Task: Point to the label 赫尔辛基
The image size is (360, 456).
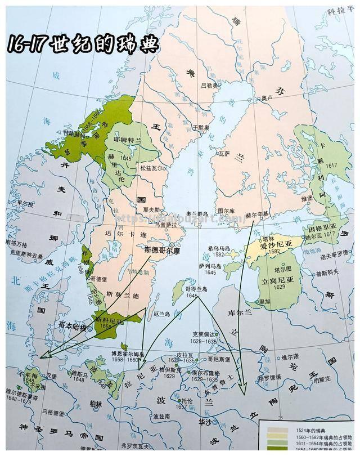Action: click(258, 214)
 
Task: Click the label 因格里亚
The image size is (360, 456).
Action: click(322, 229)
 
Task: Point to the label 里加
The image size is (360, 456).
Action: click(265, 302)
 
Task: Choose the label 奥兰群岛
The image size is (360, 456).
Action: click(197, 214)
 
